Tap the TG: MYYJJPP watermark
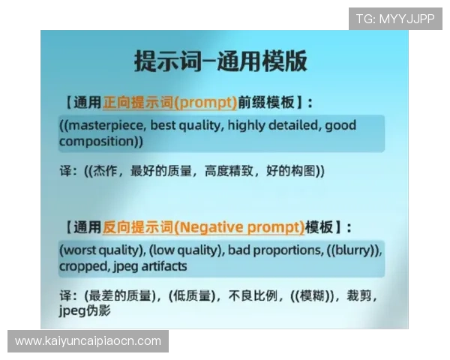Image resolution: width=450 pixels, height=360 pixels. tap(395, 19)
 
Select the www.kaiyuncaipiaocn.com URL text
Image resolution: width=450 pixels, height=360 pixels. tap(88, 341)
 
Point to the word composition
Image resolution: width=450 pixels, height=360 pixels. tap(97, 141)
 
